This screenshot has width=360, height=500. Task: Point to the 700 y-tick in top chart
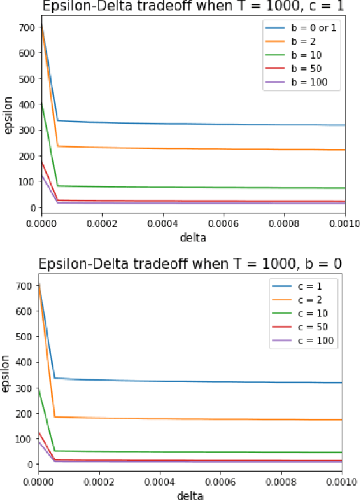[x=27, y=28]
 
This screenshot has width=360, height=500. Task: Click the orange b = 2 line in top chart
[x=196, y=148]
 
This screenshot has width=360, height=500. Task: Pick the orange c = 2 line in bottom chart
[x=196, y=418]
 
